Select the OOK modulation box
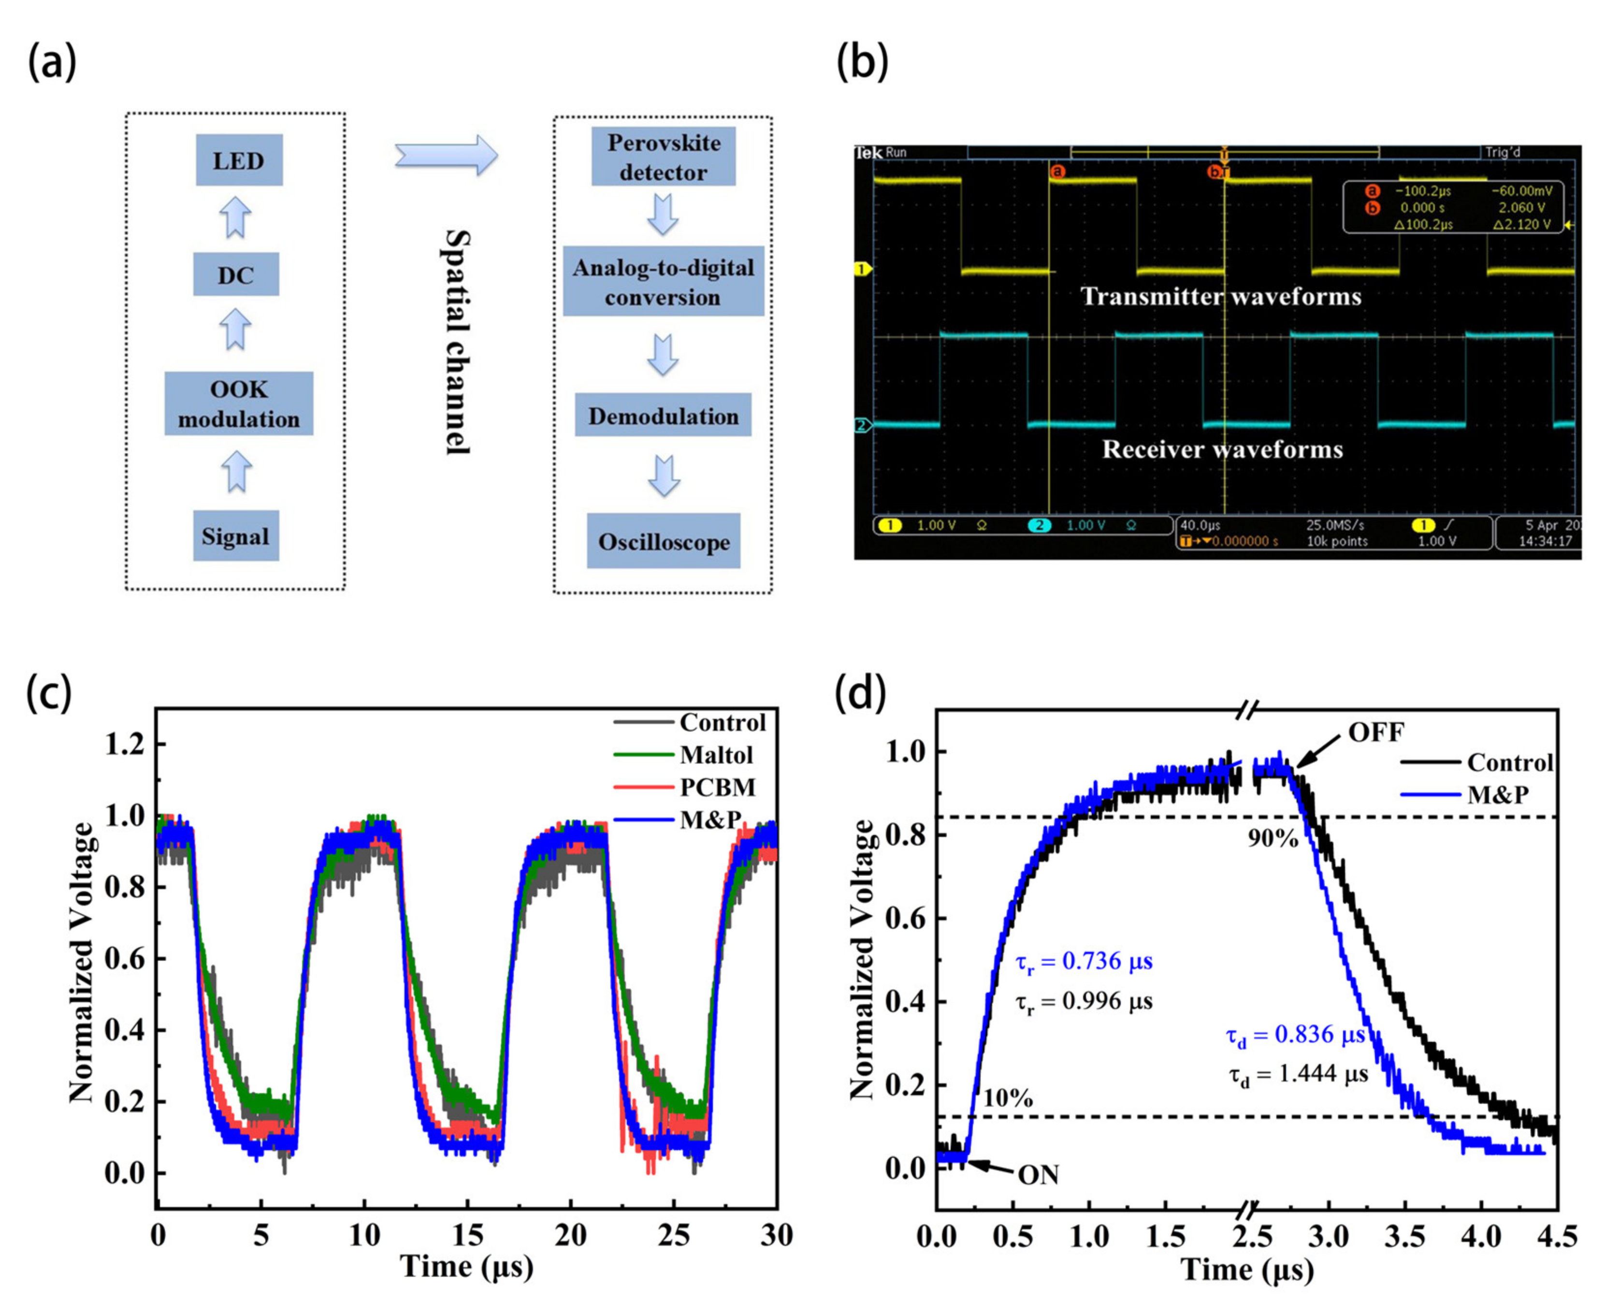238,404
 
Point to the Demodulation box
663,416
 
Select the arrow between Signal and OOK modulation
236,472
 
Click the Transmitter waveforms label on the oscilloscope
1220,297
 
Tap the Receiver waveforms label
1222,449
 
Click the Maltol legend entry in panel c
715,755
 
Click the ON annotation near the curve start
1038,1175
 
